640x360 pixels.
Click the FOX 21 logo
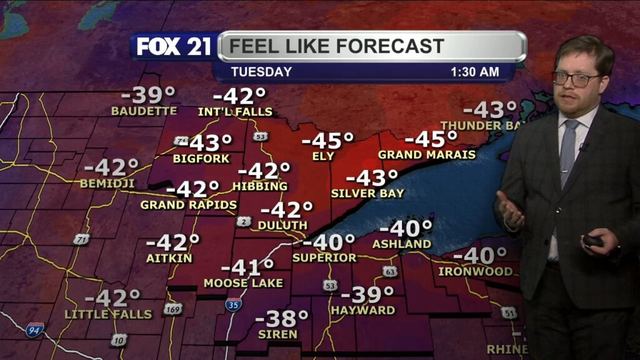click(x=174, y=47)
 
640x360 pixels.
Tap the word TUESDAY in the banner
click(x=261, y=72)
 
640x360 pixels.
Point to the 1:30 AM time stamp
click(x=475, y=72)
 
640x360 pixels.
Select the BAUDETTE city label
click(x=144, y=111)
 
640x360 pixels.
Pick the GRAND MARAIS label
click(x=427, y=154)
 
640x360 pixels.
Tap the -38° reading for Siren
click(x=282, y=318)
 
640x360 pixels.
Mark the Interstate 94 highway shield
click(x=35, y=329)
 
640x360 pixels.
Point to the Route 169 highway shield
click(x=173, y=309)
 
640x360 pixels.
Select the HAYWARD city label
click(x=363, y=310)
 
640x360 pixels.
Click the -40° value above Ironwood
click(x=480, y=256)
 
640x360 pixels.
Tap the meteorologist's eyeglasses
click(x=576, y=79)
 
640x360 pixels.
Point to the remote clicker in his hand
click(x=594, y=241)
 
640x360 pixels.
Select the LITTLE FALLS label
click(x=109, y=314)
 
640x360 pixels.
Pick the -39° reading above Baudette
click(x=148, y=96)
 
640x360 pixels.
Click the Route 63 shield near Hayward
click(x=389, y=272)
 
